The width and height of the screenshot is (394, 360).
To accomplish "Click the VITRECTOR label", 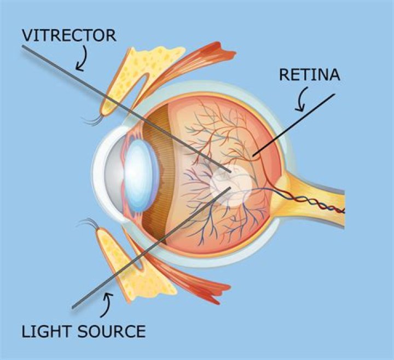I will (69, 35).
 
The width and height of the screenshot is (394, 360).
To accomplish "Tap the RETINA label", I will (309, 74).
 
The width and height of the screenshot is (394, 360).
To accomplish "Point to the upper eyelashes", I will (93, 118).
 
